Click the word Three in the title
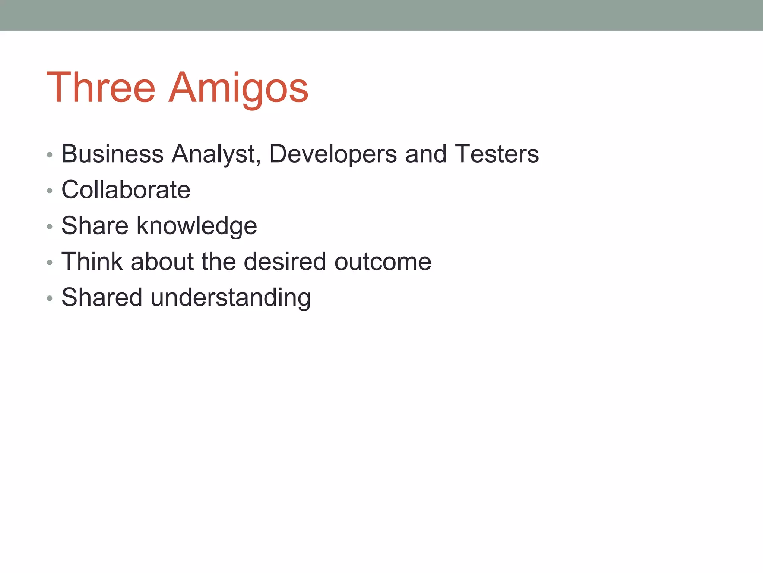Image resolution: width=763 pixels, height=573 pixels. (x=101, y=88)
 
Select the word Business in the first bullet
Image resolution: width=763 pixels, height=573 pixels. (x=112, y=154)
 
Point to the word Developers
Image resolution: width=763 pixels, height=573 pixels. (x=333, y=154)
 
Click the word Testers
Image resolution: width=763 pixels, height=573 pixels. (x=497, y=154)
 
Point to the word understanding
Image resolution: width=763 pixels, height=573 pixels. (x=231, y=297)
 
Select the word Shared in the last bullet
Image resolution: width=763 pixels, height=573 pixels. (x=102, y=297)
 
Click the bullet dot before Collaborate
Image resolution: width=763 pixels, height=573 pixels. (x=50, y=191)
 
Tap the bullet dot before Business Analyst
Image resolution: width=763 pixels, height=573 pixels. (x=50, y=155)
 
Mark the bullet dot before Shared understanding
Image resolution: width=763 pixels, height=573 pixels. (x=50, y=298)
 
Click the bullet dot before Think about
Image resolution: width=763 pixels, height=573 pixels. (x=50, y=263)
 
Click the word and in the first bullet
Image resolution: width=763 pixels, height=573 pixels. (x=425, y=154)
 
